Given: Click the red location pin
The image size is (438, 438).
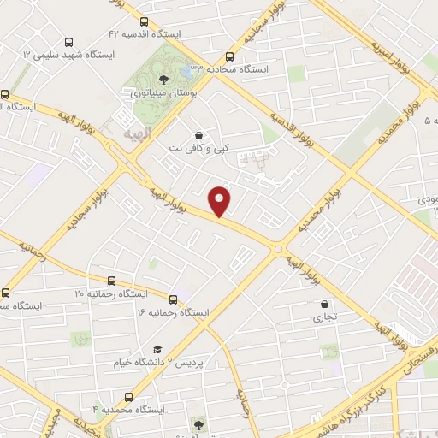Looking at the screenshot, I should coord(221,200).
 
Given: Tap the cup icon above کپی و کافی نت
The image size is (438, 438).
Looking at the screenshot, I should coord(199,135).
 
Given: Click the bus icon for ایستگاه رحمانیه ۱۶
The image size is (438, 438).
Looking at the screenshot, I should coord(174,299).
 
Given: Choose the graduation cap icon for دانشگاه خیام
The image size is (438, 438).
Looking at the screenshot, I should coord(157,350).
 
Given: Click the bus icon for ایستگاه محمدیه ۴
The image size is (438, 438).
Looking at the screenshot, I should coord(128,396).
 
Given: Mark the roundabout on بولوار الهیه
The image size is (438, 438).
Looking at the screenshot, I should coord(278,249).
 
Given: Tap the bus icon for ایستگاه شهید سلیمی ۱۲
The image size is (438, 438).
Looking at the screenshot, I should coord(68,41).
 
